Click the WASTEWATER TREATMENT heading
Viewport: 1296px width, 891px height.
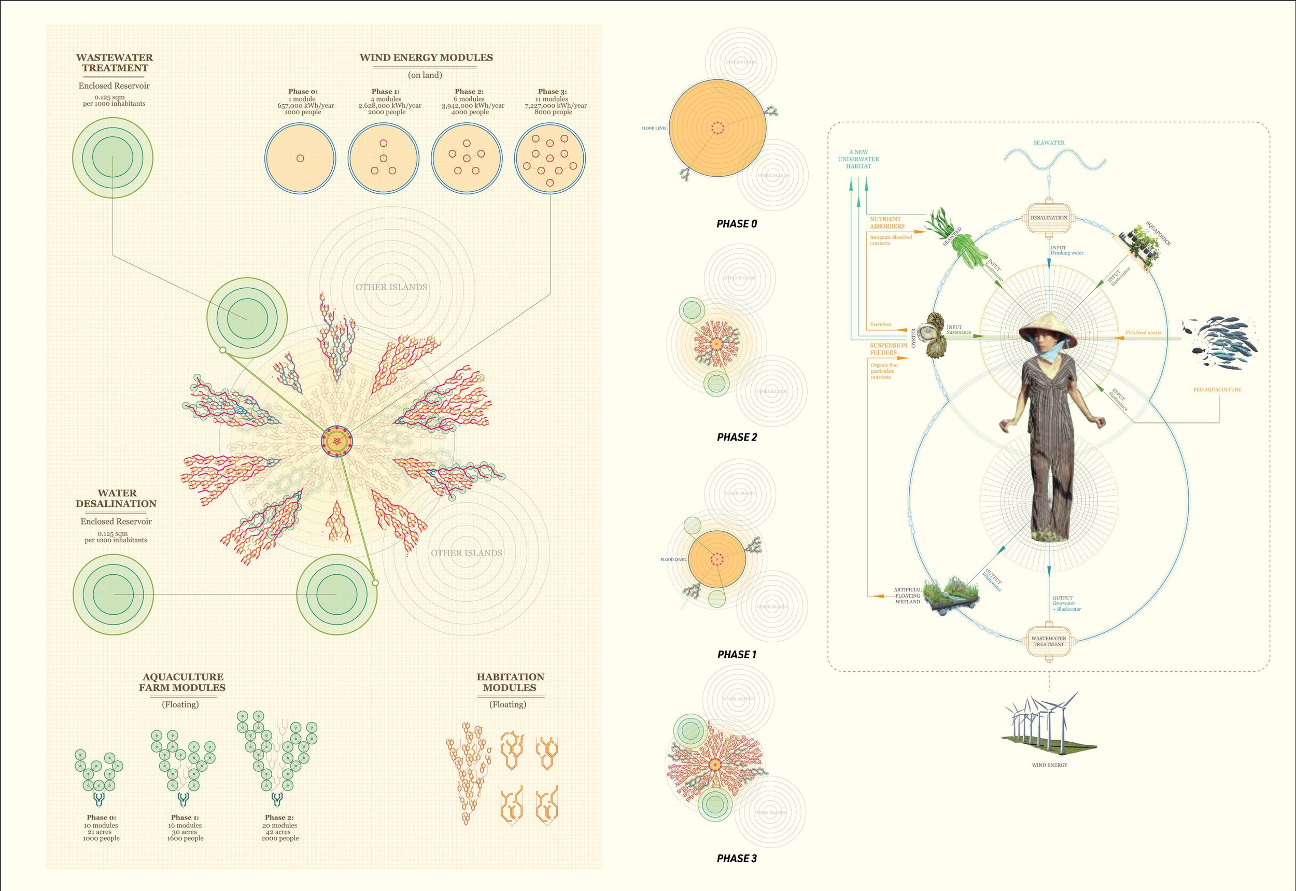pos(115,63)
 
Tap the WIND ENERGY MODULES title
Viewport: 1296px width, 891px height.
pos(426,58)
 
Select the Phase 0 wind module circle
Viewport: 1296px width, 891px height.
pos(300,158)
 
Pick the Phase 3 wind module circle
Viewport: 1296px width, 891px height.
pos(550,158)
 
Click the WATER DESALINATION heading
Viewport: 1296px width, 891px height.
pos(116,498)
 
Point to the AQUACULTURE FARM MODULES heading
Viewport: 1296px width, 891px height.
pos(182,682)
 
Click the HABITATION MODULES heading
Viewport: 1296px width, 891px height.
pos(510,682)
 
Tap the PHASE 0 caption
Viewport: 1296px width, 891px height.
pos(737,224)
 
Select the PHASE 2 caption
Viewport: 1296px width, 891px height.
pos(737,437)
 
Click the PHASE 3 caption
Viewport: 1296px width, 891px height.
pos(737,858)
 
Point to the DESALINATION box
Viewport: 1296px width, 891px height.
pos(1049,218)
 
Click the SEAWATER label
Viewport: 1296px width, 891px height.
pos(1049,143)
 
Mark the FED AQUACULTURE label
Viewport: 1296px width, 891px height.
pos(1217,390)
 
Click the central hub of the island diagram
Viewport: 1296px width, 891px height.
pos(337,441)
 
